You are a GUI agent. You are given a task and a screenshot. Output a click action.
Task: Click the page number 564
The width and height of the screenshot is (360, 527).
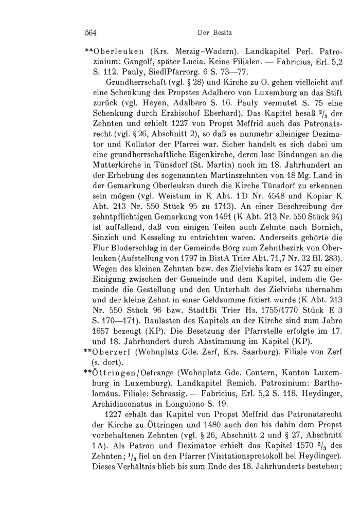pos(92,33)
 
